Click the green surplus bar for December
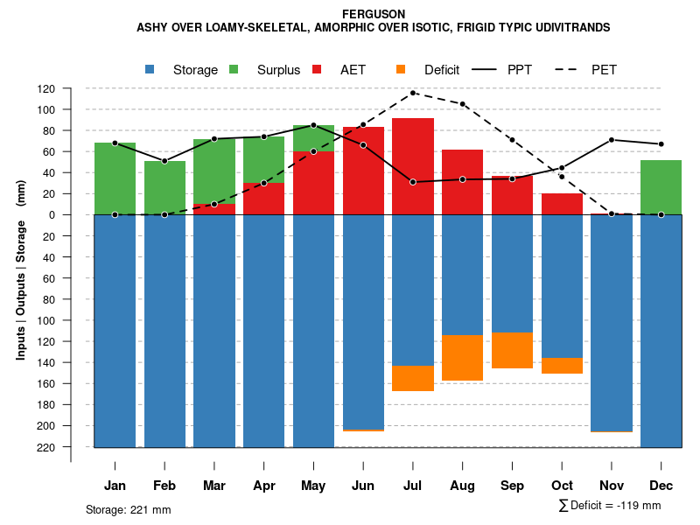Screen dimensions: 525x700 (661, 187)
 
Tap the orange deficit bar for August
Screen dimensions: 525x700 (463, 358)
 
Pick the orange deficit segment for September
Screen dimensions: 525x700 (512, 350)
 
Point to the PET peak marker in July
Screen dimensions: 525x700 (413, 93)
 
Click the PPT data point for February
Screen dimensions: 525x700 (164, 161)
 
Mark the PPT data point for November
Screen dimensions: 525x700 (612, 140)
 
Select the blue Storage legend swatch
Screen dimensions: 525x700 (150, 69)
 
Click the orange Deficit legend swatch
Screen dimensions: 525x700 (401, 69)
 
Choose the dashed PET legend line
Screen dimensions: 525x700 (570, 69)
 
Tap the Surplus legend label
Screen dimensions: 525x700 (278, 70)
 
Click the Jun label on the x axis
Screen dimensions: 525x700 (363, 486)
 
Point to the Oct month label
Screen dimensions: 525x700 (562, 486)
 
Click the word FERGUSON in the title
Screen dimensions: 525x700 (373, 14)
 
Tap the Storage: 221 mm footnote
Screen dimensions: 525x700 (129, 509)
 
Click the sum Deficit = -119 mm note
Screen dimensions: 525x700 (610, 506)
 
